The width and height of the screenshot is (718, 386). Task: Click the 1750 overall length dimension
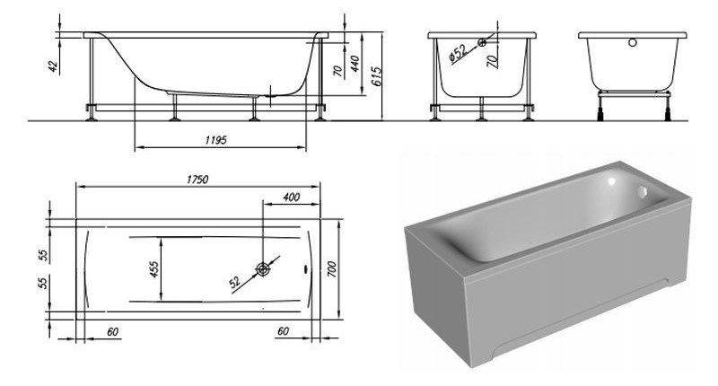tap(197, 180)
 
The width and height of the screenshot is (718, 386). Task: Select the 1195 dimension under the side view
tap(213, 140)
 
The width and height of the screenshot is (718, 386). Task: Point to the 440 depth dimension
tap(355, 66)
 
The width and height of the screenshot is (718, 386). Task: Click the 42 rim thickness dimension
tap(52, 67)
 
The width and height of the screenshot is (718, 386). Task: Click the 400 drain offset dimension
tap(291, 197)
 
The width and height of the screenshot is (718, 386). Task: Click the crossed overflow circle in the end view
tap(484, 41)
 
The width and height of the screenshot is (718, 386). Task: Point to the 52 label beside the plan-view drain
tap(234, 282)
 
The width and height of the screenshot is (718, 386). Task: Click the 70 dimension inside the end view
tap(491, 63)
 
